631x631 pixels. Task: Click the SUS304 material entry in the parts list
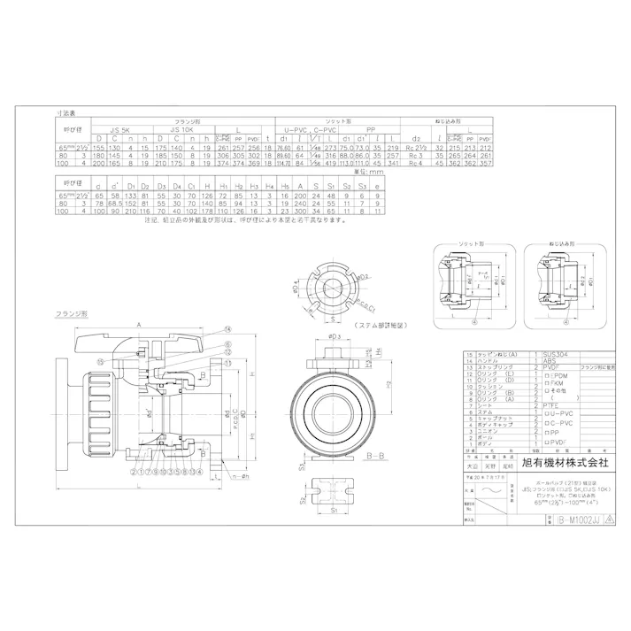click(x=556, y=352)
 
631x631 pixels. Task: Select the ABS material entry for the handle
click(x=550, y=359)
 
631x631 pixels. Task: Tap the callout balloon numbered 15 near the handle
click(x=102, y=361)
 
